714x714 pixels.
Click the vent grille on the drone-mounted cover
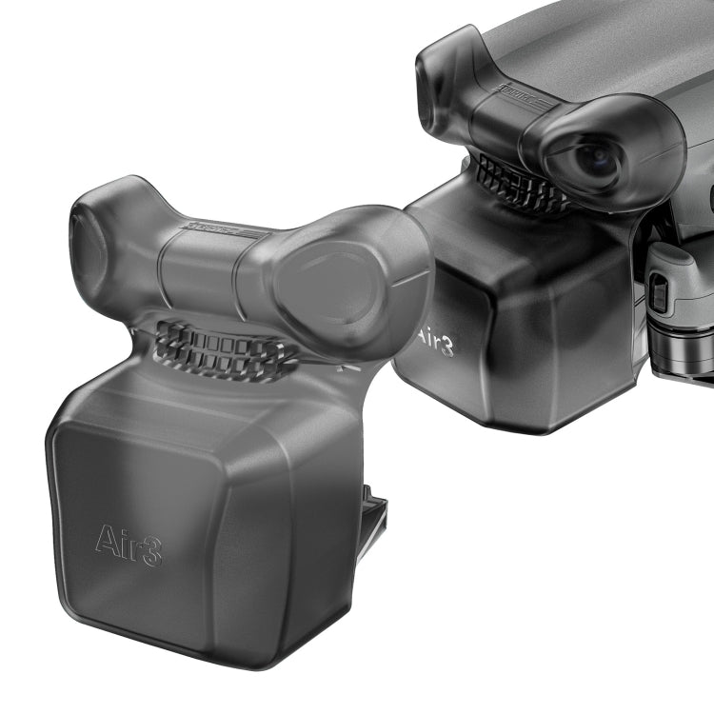point(519,185)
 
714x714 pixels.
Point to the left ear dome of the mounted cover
point(440,86)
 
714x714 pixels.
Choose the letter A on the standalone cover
point(108,539)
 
